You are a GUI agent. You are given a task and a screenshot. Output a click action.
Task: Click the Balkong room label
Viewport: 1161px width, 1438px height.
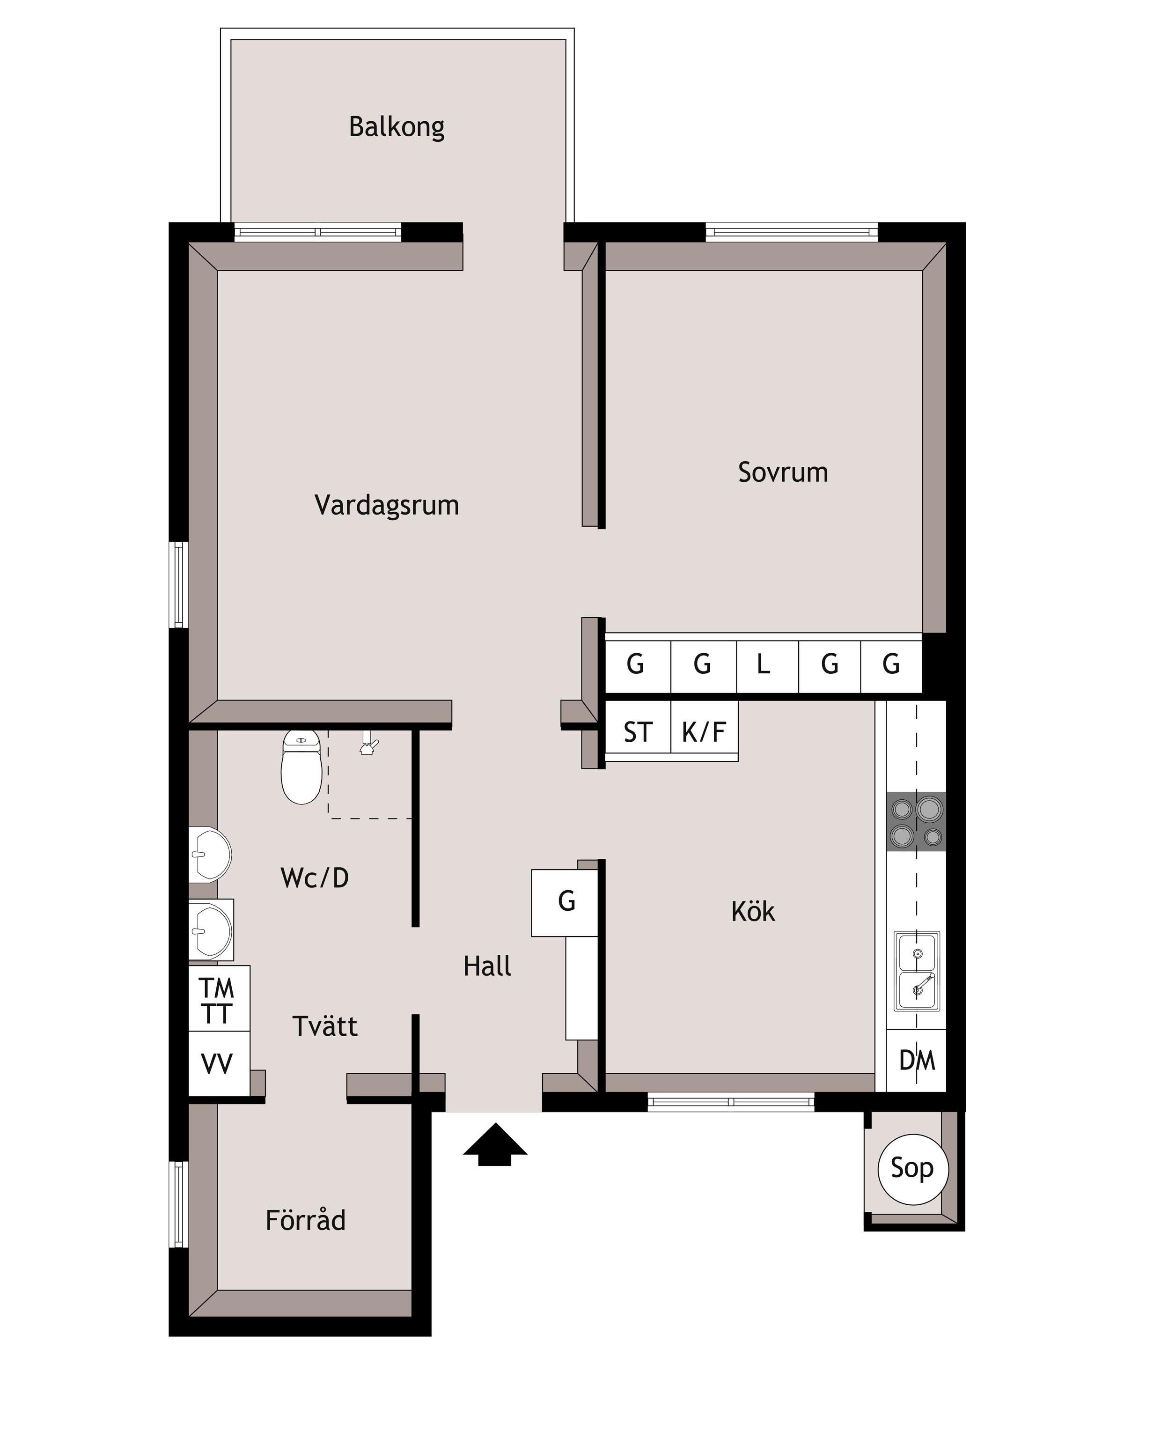point(397,127)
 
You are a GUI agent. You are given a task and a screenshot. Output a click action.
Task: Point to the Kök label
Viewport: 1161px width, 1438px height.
point(753,912)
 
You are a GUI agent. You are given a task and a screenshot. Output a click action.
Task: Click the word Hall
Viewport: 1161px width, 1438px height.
point(487,966)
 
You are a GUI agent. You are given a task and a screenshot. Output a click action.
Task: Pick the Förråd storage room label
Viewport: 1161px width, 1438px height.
point(306,1219)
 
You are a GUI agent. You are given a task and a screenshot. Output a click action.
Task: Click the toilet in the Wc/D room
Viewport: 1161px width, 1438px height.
point(301,767)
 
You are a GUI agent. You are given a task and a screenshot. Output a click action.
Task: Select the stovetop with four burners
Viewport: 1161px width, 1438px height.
point(916,821)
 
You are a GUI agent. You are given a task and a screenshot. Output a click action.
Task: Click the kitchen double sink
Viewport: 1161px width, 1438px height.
point(917,971)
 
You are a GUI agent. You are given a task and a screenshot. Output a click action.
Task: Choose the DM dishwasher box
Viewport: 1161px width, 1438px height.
point(916,1061)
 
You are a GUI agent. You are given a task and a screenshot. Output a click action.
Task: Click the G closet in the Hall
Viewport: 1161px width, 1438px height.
point(565,902)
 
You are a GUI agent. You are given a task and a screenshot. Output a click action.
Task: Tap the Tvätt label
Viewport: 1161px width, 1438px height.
point(325,1026)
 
